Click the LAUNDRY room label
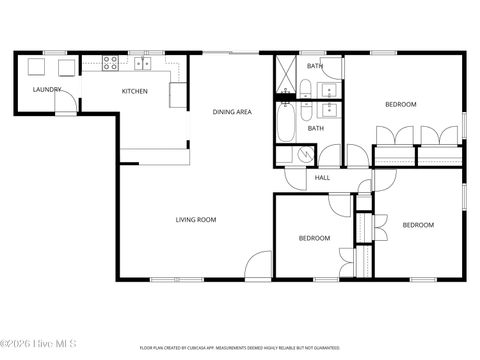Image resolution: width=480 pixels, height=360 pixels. [x=47, y=90]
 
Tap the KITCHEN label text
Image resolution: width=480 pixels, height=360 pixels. [x=135, y=91]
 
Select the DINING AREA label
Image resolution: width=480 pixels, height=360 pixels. [x=231, y=112]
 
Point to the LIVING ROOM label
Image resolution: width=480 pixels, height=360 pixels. [x=196, y=220]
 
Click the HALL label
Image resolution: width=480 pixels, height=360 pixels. [x=322, y=178]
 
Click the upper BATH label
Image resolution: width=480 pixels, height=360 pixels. [x=315, y=66]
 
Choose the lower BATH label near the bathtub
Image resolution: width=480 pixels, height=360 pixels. [x=315, y=128]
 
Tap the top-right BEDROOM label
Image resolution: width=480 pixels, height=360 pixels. [x=400, y=104]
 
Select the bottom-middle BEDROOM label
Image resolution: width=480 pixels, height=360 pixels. [x=315, y=238]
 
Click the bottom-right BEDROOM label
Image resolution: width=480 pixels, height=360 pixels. [x=418, y=225]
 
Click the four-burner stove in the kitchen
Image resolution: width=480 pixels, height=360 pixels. [x=112, y=63]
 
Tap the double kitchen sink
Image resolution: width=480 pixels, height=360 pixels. [x=142, y=64]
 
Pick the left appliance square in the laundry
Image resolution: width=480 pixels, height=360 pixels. [x=36, y=67]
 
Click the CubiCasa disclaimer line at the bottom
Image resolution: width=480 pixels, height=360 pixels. [x=240, y=347]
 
